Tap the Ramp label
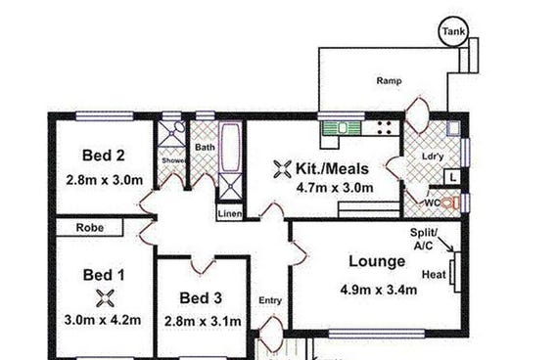[390, 81]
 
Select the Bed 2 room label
[104, 156]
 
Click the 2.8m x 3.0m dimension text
[105, 180]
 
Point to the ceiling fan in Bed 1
[106, 298]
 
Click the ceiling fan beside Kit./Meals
[283, 169]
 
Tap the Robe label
[90, 228]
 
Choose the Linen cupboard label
[230, 213]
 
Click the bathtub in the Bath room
[230, 147]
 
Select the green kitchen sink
[341, 128]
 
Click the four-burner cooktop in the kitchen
[384, 128]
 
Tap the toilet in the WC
[451, 202]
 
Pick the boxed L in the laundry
[452, 177]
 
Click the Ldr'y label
[433, 157]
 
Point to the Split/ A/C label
[424, 239]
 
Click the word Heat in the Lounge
[434, 275]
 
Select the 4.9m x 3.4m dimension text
[379, 290]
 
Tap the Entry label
[270, 300]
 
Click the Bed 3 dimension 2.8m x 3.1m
[203, 322]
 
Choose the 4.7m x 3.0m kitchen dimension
[335, 187]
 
